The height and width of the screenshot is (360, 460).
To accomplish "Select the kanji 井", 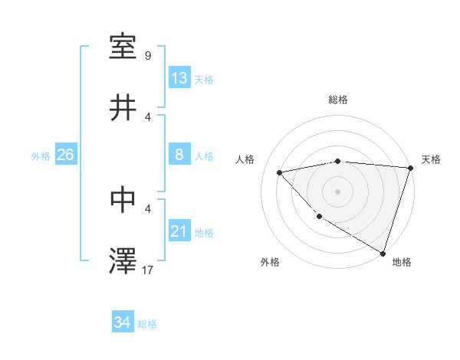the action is (123, 108).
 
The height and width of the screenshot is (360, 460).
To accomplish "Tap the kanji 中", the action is (123, 199).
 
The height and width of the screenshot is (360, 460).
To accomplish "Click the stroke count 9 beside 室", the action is (148, 55).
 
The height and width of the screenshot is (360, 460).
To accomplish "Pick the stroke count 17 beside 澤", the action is (148, 270).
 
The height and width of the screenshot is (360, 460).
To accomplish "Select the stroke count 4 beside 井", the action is (148, 116).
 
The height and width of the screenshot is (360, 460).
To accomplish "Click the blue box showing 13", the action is (179, 78).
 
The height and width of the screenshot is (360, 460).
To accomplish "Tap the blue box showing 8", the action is (179, 155).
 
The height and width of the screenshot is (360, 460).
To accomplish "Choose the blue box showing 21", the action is (179, 231).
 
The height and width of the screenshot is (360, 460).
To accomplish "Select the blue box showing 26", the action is (65, 155).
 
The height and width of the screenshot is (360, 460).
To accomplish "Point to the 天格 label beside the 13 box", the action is (204, 80).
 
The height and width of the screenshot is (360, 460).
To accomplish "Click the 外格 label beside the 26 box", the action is (41, 156).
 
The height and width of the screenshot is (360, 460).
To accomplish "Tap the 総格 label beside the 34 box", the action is (147, 324).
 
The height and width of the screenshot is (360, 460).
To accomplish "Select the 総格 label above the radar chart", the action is (338, 100).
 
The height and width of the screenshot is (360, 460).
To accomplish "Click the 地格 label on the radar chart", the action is (402, 263).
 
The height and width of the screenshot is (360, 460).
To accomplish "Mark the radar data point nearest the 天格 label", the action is (410, 168).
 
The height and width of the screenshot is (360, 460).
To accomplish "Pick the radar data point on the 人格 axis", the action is (280, 172).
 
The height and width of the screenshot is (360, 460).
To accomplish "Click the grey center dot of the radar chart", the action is (337, 191).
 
